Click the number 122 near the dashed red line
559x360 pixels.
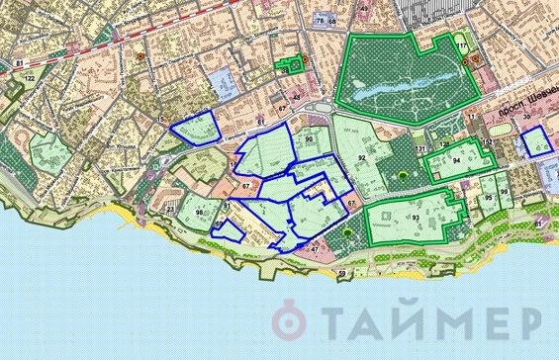click(30, 77)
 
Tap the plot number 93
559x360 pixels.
click(417, 217)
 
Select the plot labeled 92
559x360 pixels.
click(362, 158)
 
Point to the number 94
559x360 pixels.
click(457, 159)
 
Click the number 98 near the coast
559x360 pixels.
click(200, 214)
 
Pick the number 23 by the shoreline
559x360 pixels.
click(171, 210)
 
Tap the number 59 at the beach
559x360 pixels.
click(341, 272)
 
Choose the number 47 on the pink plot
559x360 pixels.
click(315, 249)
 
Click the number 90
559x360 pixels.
click(310, 139)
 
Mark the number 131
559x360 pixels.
click(420, 148)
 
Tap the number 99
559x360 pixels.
click(505, 192)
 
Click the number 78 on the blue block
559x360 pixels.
click(320, 20)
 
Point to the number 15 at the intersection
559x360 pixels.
click(159, 120)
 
